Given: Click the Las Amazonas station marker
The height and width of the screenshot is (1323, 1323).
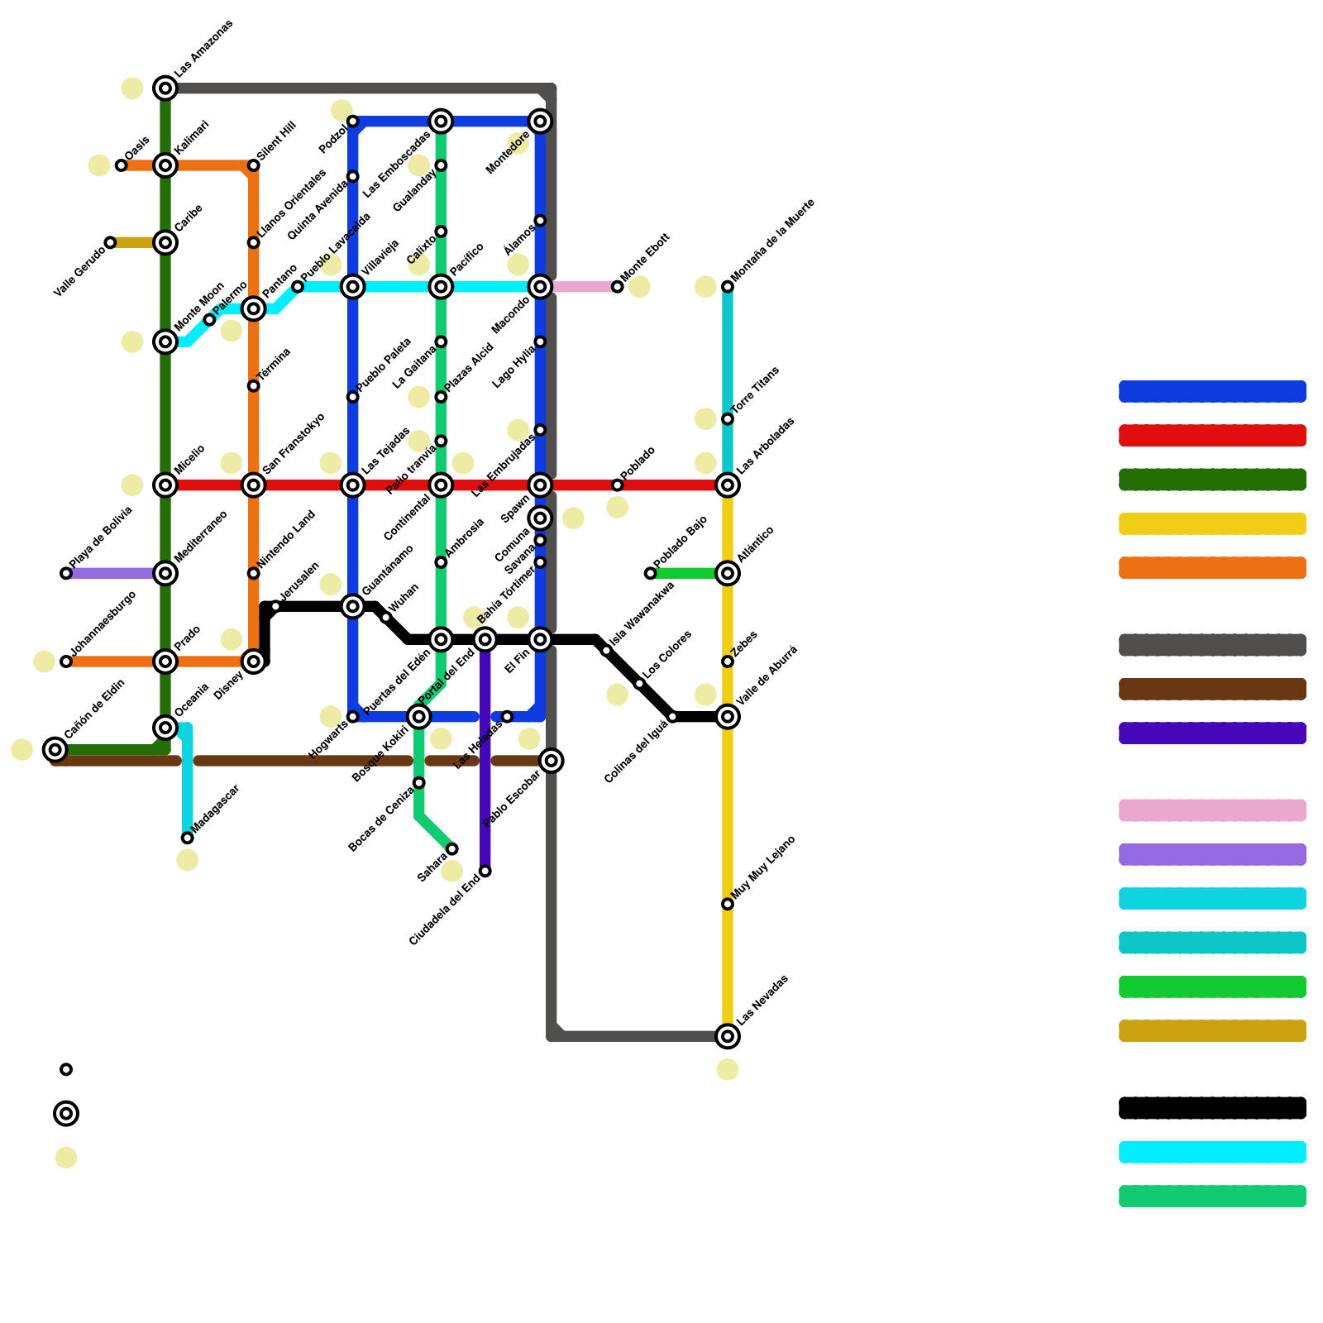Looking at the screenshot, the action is coord(165,88).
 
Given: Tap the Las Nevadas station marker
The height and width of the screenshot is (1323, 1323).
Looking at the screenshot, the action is coord(728,1036).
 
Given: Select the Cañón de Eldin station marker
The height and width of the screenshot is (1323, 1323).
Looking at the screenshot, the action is coord(55,750).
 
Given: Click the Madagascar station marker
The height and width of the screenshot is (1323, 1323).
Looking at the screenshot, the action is coord(188,838).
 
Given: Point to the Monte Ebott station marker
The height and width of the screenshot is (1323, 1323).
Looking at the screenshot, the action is coord(618,287).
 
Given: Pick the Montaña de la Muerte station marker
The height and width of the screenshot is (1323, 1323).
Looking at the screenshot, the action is coord(728,287).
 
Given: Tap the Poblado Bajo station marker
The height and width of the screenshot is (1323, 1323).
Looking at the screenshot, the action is coord(651,573).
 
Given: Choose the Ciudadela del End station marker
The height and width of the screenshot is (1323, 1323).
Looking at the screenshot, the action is coord(485,872).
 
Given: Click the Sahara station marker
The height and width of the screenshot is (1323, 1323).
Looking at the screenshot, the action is coord(452,849).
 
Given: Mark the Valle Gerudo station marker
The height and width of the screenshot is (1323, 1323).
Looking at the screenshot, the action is coord(110,242).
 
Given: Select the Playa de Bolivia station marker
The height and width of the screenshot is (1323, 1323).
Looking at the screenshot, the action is coord(66,573).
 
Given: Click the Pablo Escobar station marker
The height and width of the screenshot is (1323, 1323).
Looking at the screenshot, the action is coord(552,761).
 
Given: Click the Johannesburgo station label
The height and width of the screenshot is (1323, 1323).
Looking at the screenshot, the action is coord(103,625).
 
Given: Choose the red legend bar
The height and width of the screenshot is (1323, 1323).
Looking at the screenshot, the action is coord(1212,436).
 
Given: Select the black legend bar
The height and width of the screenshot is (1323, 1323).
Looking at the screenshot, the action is coord(1212,1108).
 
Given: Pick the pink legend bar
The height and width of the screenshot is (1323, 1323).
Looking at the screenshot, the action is coord(1212,810).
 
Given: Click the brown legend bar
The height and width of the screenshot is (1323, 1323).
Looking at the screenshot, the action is coord(1212,689).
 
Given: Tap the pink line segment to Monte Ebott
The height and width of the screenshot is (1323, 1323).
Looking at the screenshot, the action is coord(583,287).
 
